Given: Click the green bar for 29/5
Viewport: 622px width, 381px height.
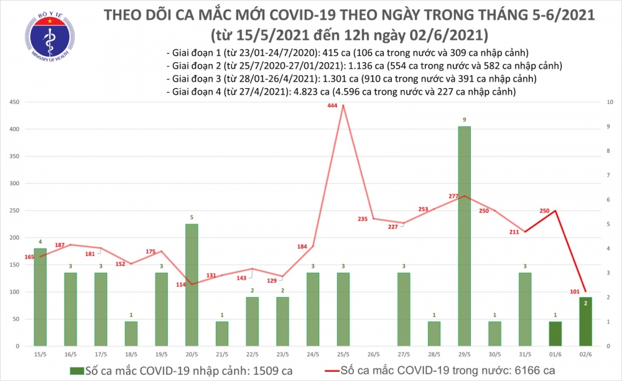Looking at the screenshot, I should pos(464,236).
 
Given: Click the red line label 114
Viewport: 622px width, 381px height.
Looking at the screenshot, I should pos(182,284).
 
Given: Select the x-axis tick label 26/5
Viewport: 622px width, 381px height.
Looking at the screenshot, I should pos(373,354).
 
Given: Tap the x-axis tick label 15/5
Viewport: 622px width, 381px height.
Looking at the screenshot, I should pos(40,354).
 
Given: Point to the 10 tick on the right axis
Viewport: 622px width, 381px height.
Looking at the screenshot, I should pos(610,102).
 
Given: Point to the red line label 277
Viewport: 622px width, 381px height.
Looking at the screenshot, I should pos(453,196).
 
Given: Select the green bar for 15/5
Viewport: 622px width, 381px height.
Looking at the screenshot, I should pos(40,297).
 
